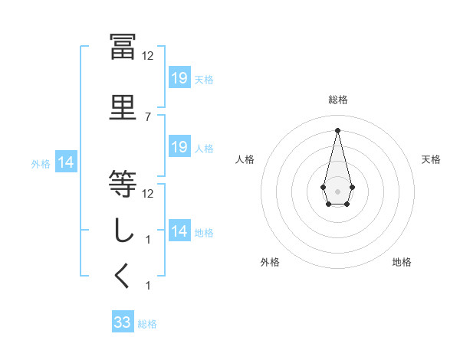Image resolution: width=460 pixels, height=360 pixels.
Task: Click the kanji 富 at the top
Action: click(123, 47)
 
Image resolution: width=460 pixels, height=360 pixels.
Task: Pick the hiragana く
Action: click(123, 277)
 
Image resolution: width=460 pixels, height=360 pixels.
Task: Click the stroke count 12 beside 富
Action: click(148, 56)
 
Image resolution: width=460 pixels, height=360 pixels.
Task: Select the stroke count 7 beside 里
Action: click(148, 116)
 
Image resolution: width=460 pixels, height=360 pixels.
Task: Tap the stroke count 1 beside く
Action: click(148, 286)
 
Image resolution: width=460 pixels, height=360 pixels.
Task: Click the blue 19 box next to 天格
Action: click(179, 77)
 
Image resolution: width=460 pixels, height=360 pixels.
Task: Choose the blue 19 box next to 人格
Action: click(179, 147)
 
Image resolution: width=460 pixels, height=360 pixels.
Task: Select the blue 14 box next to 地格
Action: click(179, 231)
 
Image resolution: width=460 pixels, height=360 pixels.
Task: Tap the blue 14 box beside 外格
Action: click(65, 162)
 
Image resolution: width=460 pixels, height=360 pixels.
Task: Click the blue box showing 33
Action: click(123, 322)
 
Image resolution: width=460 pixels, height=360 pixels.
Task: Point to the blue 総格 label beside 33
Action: click(148, 324)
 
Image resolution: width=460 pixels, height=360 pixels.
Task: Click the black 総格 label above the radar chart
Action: click(337, 100)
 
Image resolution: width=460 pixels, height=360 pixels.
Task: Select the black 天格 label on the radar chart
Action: click(431, 159)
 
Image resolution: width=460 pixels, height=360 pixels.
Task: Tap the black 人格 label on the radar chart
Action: click(245, 159)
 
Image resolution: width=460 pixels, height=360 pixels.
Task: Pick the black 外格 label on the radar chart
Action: click(270, 262)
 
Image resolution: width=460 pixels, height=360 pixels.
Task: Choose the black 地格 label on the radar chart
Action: click(402, 262)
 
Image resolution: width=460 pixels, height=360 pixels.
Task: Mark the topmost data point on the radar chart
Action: click(337, 129)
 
